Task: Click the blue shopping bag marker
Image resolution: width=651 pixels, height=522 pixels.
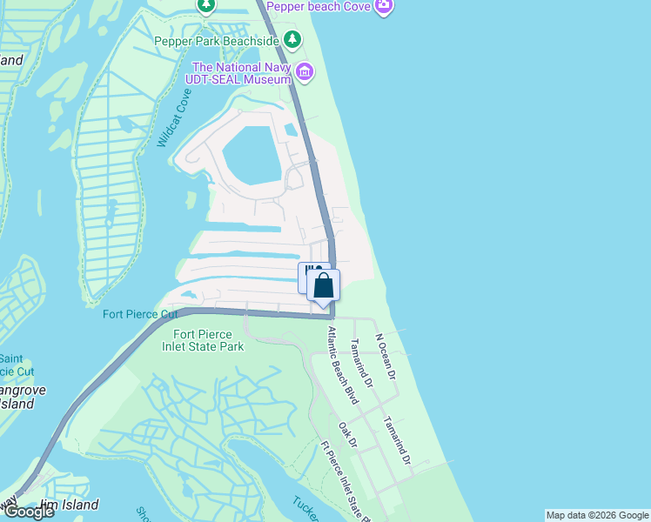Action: (x=323, y=285)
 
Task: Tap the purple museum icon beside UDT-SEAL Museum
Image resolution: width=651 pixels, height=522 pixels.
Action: (x=304, y=71)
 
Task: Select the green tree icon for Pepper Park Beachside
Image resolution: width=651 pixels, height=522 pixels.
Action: (x=292, y=40)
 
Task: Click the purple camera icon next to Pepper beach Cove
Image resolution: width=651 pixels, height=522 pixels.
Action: (x=385, y=7)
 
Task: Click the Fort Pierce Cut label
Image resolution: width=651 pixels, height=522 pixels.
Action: (x=140, y=314)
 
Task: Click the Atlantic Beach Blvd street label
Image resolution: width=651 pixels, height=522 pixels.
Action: (x=342, y=365)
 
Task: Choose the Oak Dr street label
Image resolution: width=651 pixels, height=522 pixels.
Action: (x=348, y=436)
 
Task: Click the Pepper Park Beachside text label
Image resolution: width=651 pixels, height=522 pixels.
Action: (x=216, y=41)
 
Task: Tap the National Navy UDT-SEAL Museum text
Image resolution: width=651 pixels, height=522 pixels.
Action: (x=240, y=73)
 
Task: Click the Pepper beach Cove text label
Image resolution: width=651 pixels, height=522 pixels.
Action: (x=318, y=6)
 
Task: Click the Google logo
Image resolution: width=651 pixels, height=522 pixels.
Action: (x=28, y=512)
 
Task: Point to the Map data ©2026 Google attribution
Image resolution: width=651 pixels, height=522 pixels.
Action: (x=597, y=515)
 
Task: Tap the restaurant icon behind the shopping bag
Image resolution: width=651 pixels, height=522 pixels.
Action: (x=307, y=272)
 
